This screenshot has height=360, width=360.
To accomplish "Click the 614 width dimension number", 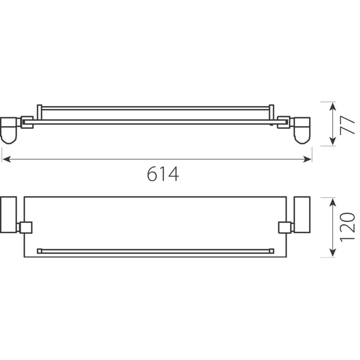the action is (x=163, y=174).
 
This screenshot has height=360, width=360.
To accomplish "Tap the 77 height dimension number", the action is (x=347, y=125).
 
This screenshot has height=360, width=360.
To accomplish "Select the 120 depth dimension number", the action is (x=347, y=227).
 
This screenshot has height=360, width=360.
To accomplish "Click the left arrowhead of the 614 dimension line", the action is (x=6, y=159).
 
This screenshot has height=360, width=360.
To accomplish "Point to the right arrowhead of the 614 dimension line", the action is (x=307, y=159).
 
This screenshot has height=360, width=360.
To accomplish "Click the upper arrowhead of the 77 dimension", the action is (x=333, y=107).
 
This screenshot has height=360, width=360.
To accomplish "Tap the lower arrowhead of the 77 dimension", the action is (x=333, y=141).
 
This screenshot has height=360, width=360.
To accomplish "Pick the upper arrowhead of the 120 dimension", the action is (x=333, y=202).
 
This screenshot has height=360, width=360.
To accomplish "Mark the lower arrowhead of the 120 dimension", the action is (x=333, y=252).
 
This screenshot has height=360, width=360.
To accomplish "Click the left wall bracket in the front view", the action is (x=9, y=130).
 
